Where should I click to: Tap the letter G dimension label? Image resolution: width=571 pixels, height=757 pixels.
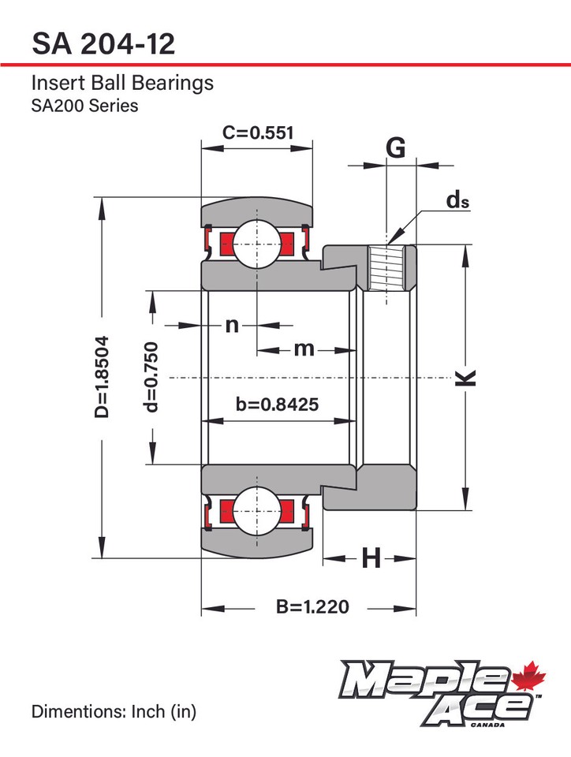pos(396,147)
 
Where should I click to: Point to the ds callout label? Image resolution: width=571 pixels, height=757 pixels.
pos(457,200)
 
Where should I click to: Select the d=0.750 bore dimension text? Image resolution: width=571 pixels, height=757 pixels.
pos(151,377)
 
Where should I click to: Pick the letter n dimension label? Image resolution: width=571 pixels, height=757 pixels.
pos(231,324)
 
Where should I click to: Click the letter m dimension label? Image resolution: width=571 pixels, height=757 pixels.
pos(304,348)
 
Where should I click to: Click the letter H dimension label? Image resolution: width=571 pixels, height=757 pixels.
pos(371,558)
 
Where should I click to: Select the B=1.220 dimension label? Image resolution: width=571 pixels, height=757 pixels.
pos(312,607)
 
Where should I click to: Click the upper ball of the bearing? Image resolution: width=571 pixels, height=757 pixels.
pos(256,242)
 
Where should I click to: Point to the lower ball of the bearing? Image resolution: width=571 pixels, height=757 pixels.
pos(256,511)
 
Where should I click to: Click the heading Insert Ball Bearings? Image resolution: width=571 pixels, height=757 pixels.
pos(122,83)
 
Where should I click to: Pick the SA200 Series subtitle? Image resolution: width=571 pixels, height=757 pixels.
pos(84,105)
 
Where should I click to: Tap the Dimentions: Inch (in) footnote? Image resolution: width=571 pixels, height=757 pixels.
pos(114,711)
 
